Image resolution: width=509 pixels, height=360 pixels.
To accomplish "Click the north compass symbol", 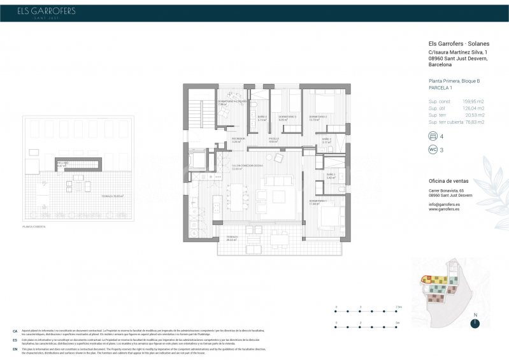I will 475,323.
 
